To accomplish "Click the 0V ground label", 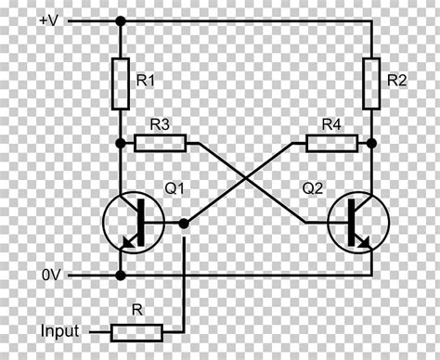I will pos(52,276).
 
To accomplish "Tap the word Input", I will pos(58,330).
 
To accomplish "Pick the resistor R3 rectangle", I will pos(161,143).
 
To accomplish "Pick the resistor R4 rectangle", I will pos(331,143).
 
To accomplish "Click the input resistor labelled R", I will pos(136,330).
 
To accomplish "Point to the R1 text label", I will pos(145,82).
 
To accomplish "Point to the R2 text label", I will pos(396,82).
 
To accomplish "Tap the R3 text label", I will pos(160,123).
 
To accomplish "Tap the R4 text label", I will pos(331,123).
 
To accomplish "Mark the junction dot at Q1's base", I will pos(184,223).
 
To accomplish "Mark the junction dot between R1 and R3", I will pos(120,143).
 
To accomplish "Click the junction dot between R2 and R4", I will pos(371,143).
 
